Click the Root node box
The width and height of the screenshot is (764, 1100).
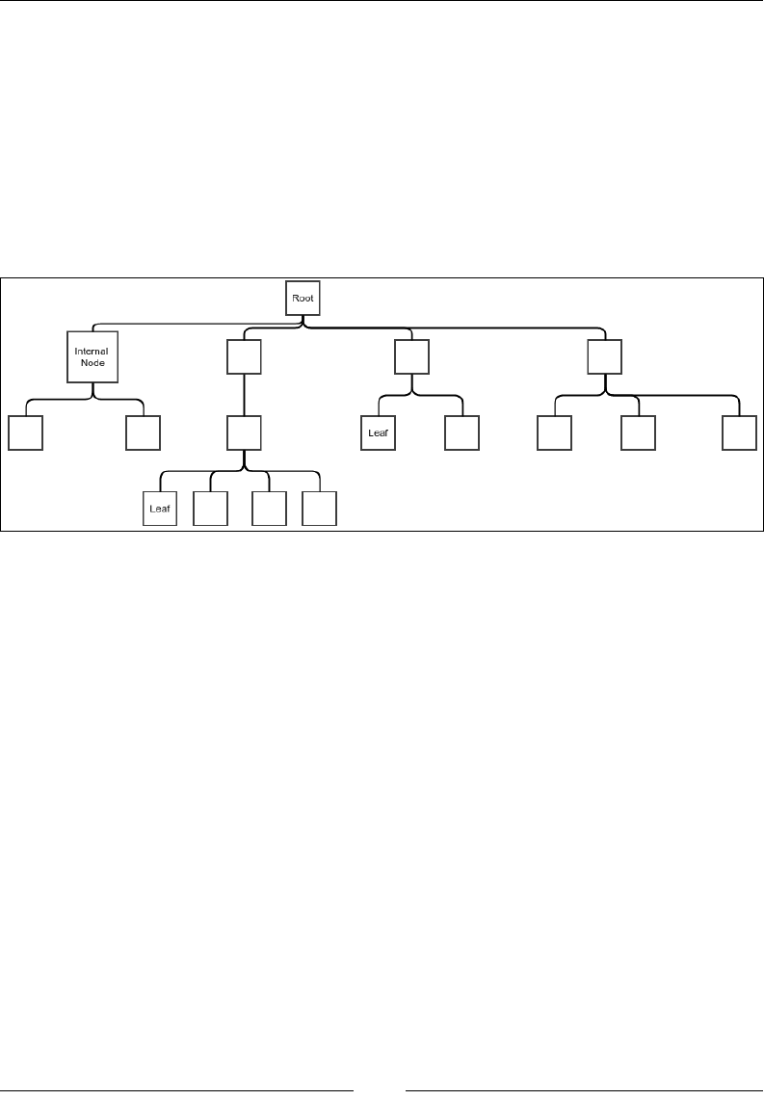[x=303, y=298]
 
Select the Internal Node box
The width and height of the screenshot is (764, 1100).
[x=92, y=356]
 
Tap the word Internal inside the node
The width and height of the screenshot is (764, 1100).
[x=92, y=351]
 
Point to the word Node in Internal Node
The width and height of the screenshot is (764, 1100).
[x=92, y=363]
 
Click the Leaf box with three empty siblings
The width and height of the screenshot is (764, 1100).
[x=160, y=509]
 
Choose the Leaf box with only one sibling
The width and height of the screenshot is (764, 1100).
[x=379, y=432]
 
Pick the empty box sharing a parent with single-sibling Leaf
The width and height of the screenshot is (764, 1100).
[x=461, y=432]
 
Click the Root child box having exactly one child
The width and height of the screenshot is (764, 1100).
[x=244, y=359]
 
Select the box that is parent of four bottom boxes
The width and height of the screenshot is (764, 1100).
[x=244, y=432]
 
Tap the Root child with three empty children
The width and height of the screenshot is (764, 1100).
[x=604, y=359]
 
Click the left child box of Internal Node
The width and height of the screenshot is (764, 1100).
[x=25, y=432]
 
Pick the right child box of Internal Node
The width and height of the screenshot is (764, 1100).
[x=143, y=432]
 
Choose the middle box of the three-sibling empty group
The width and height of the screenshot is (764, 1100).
[x=638, y=432]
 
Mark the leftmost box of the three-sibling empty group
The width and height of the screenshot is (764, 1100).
[x=554, y=432]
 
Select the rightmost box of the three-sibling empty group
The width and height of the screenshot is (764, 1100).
[x=740, y=432]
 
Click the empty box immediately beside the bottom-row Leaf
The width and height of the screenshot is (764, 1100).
[x=210, y=509]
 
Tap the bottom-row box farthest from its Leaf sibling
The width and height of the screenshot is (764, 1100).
[x=319, y=509]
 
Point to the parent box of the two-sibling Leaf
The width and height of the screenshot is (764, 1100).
[x=411, y=359]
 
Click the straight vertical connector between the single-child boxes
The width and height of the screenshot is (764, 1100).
[x=244, y=396]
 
